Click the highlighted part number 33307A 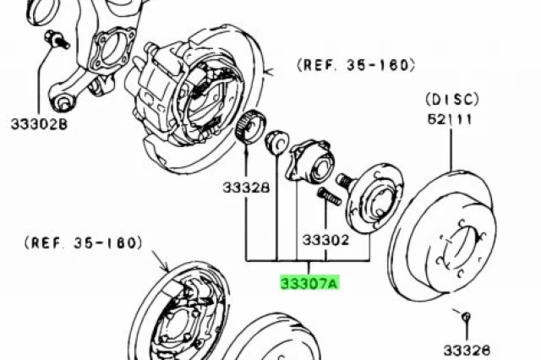[x=309, y=283]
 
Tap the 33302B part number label [x=39, y=124]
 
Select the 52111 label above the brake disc [x=450, y=120]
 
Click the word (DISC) [x=452, y=100]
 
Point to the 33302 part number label [x=325, y=240]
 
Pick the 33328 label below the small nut [x=467, y=351]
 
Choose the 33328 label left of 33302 [x=246, y=188]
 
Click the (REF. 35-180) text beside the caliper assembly [x=357, y=65]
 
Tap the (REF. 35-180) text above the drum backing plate [x=84, y=243]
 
